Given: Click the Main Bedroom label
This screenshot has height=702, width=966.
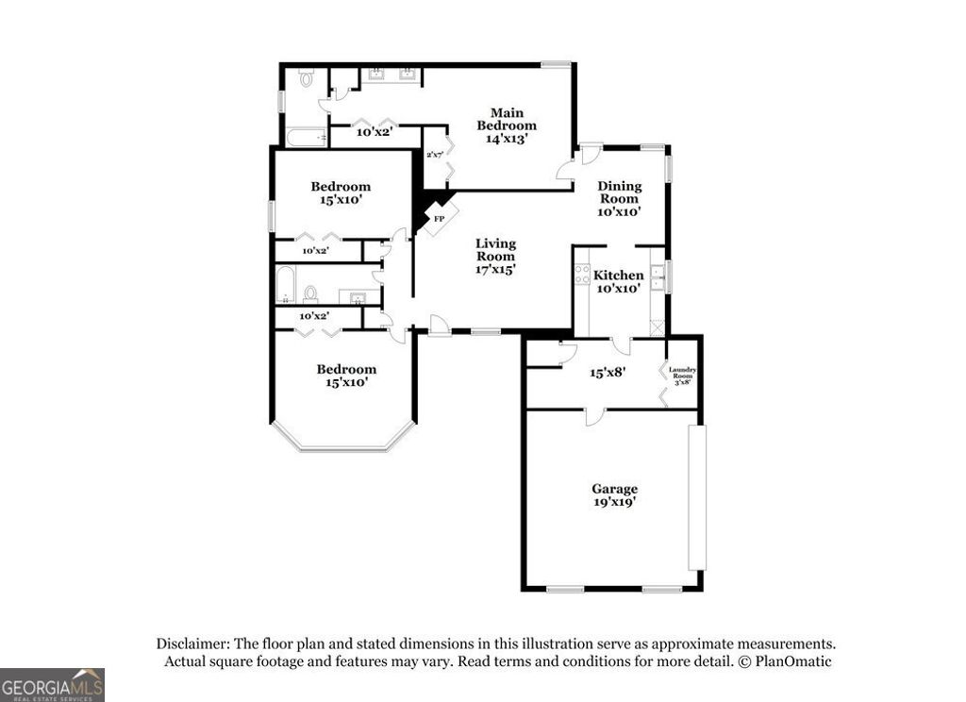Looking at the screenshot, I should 506,125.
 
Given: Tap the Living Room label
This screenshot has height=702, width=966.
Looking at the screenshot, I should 495,256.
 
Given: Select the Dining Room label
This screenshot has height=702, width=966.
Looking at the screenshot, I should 619,199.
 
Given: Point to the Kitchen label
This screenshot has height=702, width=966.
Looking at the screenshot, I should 619,281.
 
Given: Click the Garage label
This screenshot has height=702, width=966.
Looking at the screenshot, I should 614,495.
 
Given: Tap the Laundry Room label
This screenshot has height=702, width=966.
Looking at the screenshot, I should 682,375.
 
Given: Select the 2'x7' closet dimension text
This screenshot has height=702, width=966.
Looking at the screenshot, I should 435,155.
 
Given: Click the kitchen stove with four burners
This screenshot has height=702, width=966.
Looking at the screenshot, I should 582,274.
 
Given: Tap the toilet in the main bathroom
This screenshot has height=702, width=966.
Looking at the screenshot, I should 306,79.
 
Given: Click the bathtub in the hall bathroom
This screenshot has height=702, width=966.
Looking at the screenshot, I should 284,285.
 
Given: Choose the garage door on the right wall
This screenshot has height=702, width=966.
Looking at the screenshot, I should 696,497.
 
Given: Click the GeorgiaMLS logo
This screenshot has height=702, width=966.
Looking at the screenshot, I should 52,684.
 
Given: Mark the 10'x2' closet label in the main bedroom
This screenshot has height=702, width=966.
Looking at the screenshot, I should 375,132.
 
